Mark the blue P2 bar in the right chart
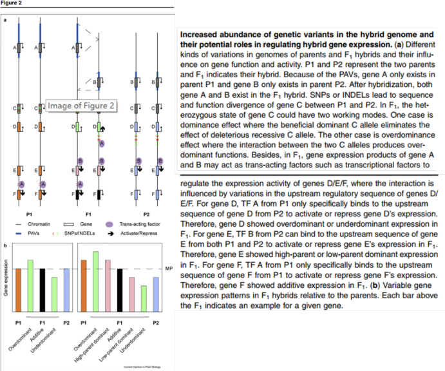156,293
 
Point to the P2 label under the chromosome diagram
146,211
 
